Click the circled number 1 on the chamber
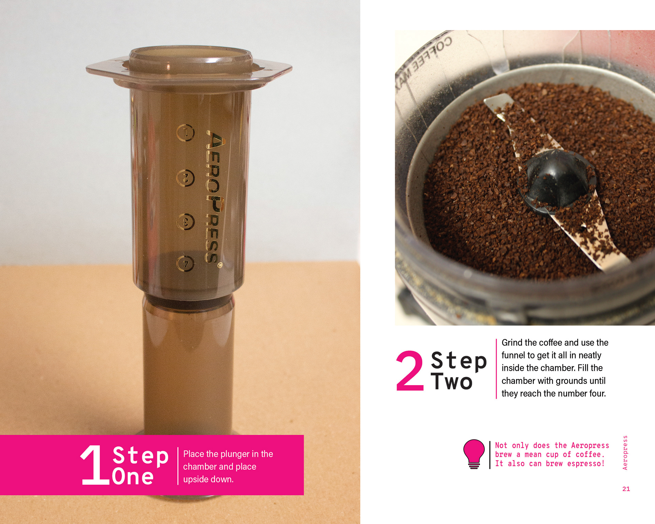(186, 133)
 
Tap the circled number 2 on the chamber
(186, 178)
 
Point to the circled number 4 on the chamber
(186, 263)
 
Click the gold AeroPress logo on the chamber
(215, 198)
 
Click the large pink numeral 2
(410, 370)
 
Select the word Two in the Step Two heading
(452, 382)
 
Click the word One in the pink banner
(133, 477)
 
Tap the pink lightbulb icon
(474, 454)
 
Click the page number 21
(626, 489)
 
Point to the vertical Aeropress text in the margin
(625, 453)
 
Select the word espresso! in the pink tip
(586, 464)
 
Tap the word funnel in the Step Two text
(512, 355)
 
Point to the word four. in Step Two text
(596, 393)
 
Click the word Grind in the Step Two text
(512, 343)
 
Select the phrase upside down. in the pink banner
(208, 479)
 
